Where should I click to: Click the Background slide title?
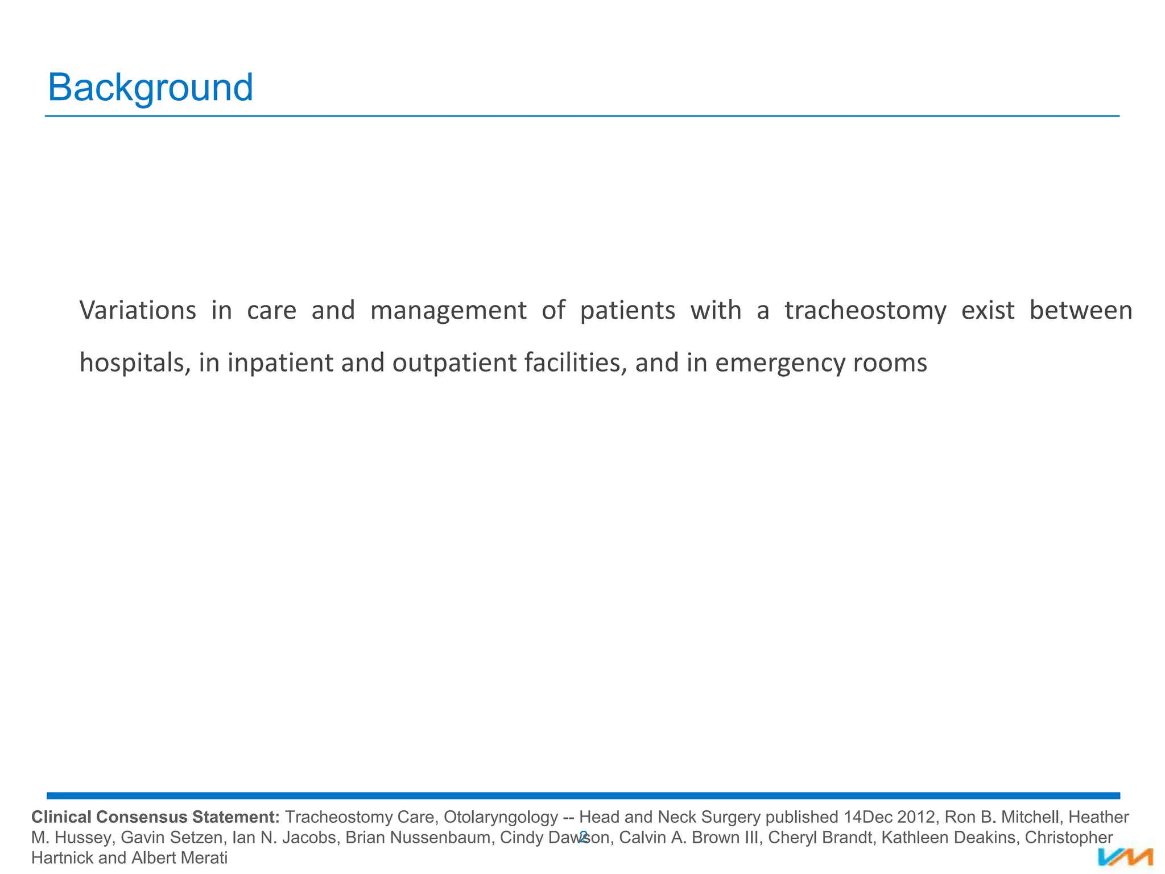tap(150, 88)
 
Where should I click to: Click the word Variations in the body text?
tap(138, 311)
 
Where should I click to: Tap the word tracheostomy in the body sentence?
tap(865, 311)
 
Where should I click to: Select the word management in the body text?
tap(448, 311)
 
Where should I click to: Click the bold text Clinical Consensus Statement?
tap(155, 817)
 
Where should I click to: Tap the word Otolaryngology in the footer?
tap(501, 817)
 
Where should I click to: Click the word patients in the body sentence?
tap(627, 311)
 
